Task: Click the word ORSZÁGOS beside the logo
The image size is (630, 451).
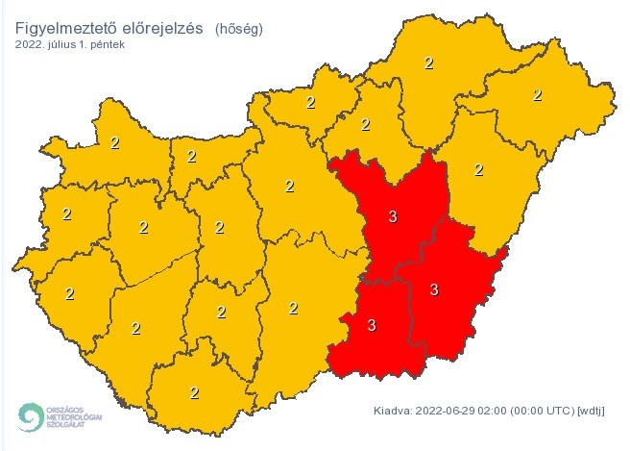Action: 66,408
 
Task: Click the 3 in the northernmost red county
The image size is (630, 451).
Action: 392,217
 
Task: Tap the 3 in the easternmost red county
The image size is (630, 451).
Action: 434,289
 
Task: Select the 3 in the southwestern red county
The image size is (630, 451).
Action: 372,326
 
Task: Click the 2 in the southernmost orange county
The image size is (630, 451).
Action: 194,391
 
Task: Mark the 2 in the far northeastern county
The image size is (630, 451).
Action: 537,94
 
